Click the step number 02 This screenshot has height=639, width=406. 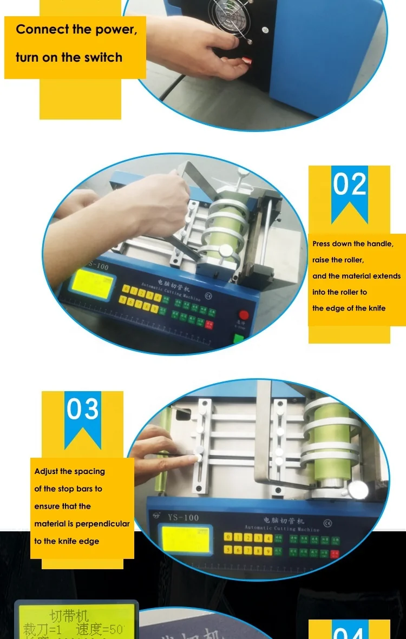(x=350, y=184)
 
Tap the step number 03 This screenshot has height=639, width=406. (x=83, y=410)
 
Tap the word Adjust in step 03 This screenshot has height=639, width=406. (x=45, y=471)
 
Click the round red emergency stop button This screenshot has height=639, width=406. (x=244, y=315)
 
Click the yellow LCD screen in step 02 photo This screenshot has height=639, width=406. (x=90, y=282)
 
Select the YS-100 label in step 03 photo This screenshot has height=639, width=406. (x=183, y=517)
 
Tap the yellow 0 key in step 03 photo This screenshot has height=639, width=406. (x=228, y=537)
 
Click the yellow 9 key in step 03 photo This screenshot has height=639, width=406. (x=267, y=551)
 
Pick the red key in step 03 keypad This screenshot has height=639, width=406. (x=335, y=554)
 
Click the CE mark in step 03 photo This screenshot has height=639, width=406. (x=328, y=523)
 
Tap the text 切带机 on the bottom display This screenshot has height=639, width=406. (x=69, y=616)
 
